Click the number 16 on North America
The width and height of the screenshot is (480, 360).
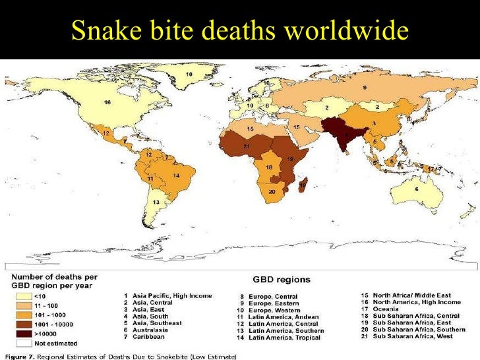[x=107, y=102]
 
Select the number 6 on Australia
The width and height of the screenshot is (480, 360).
[x=416, y=189]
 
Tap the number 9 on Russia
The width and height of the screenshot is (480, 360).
[x=364, y=87]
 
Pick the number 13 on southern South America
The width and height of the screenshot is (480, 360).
[x=156, y=202]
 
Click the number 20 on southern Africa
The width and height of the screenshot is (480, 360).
[x=272, y=192]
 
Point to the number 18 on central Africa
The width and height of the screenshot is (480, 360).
[x=269, y=168]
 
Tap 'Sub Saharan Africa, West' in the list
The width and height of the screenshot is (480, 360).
[x=418, y=337]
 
